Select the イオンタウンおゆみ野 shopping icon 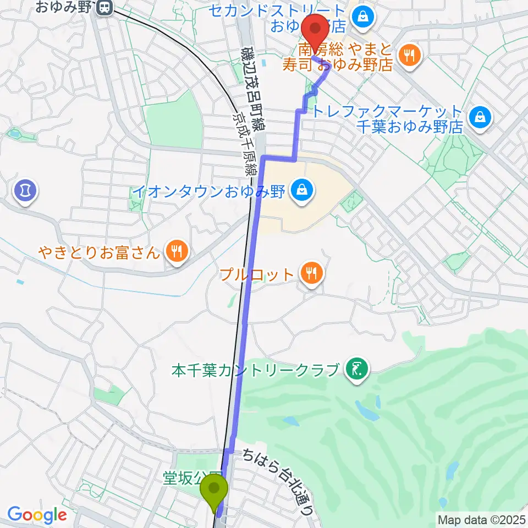pyautogui.click(x=301, y=191)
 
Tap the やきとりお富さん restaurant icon pyautogui.click(x=176, y=252)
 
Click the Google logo pyautogui.click(x=37, y=515)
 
